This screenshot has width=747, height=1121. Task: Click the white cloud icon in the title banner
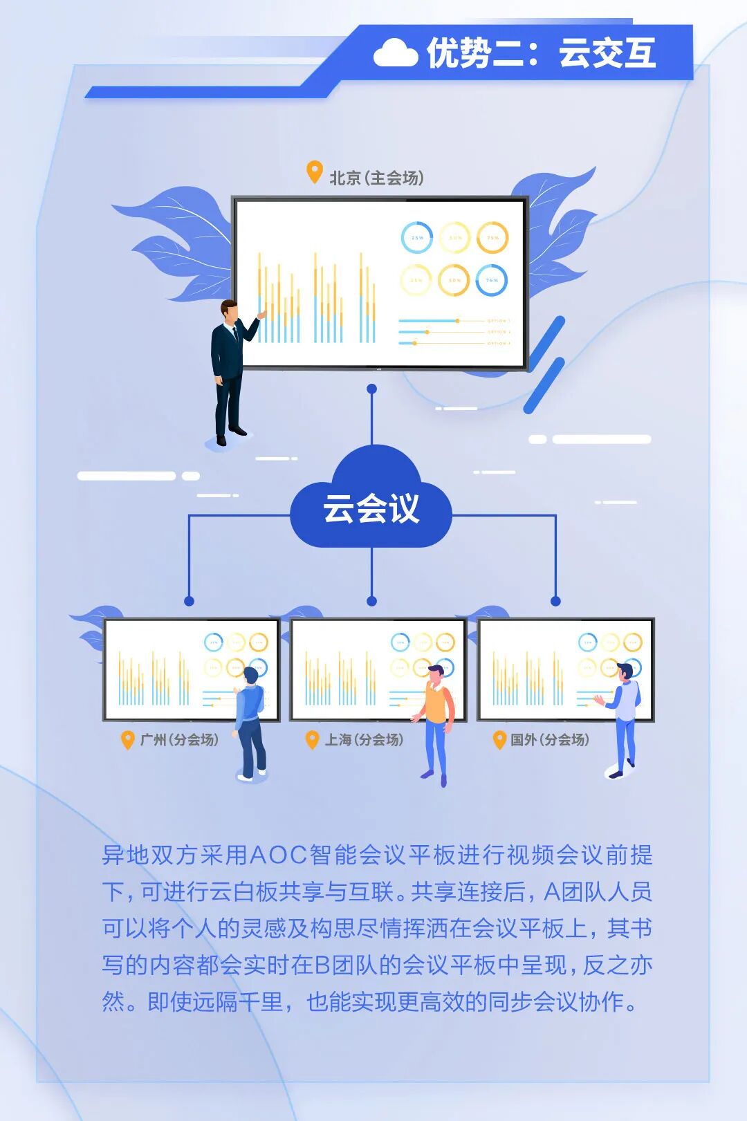coord(395,53)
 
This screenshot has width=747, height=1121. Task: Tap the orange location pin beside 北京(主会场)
coord(315,172)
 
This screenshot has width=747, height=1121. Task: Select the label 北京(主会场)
coord(376,178)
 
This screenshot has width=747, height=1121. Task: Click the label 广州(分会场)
coord(179,739)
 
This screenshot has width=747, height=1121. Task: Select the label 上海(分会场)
coord(365,739)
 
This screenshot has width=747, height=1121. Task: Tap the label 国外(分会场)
coord(550,739)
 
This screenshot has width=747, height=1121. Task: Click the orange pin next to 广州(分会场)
coord(127,739)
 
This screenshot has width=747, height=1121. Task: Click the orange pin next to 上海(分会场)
coord(312,739)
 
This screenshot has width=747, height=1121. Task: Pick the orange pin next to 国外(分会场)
coord(499,739)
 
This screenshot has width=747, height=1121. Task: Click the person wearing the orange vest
coord(436,719)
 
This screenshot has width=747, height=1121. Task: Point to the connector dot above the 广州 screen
coord(189,601)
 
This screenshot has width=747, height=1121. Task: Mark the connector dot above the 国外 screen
coord(555,601)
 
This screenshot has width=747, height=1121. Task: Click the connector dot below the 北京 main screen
coord(372,389)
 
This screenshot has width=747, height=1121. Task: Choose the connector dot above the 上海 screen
coord(372,601)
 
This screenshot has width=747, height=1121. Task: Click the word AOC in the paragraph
coord(277,855)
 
